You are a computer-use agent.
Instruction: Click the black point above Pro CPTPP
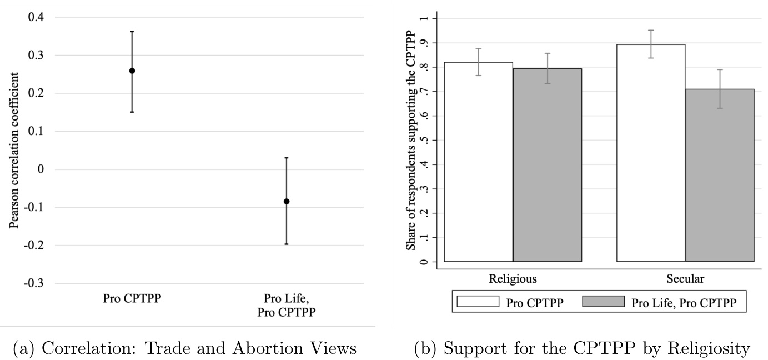point(132,71)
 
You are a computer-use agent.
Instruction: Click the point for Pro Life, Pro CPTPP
point(287,201)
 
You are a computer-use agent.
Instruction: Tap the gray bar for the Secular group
point(720,175)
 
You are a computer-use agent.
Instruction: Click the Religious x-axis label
point(513,278)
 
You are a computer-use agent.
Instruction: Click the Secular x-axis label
point(685,278)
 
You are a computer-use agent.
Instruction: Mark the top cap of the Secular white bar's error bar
point(651,30)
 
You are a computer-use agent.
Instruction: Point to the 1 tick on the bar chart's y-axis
point(425,18)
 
